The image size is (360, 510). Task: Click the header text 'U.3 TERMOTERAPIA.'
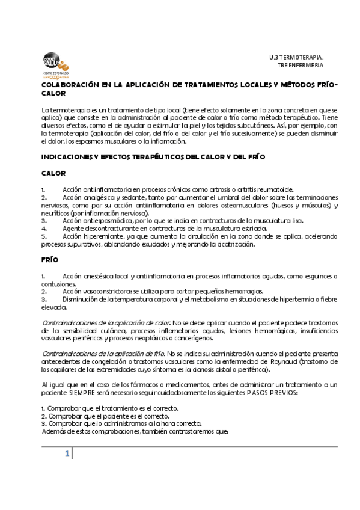tap(296, 57)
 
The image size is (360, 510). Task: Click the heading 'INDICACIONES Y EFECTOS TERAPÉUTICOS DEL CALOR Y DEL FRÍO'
tap(153, 156)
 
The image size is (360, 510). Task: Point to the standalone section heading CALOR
tap(53, 173)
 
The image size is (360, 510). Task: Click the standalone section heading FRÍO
tap(50, 261)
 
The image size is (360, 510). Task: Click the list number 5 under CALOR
tap(44, 236)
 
